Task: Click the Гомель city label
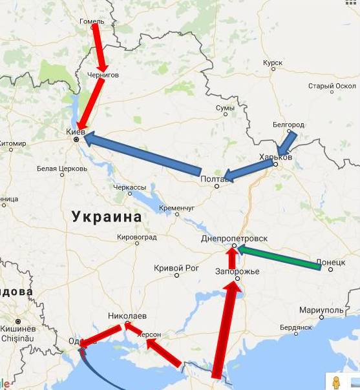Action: [x=91, y=21]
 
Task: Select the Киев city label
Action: [x=76, y=131]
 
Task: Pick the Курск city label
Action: [x=273, y=63]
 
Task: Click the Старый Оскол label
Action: [x=332, y=86]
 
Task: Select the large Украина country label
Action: [x=107, y=216]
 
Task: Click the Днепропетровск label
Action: [x=234, y=238]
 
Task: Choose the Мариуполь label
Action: [x=321, y=309]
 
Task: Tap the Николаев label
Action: [x=127, y=316]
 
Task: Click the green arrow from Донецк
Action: [x=278, y=258]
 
